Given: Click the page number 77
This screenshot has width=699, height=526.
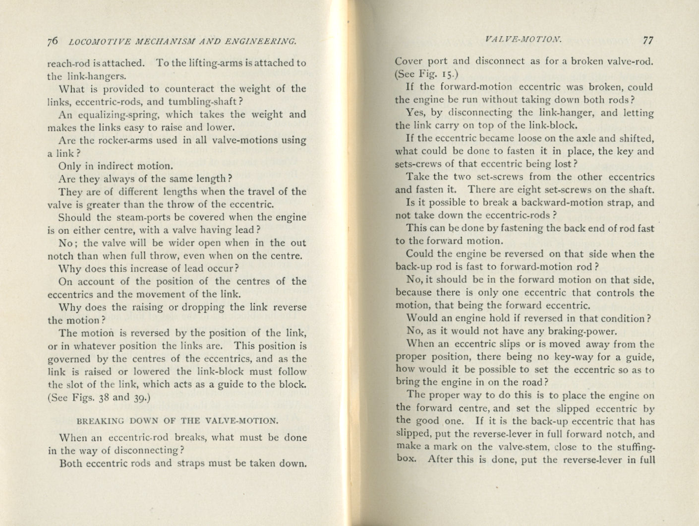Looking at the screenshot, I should pos(648,41).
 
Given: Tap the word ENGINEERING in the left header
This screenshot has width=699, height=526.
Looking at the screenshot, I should pos(261,42).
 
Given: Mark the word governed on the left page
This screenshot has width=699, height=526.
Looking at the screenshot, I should pos(69,359).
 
